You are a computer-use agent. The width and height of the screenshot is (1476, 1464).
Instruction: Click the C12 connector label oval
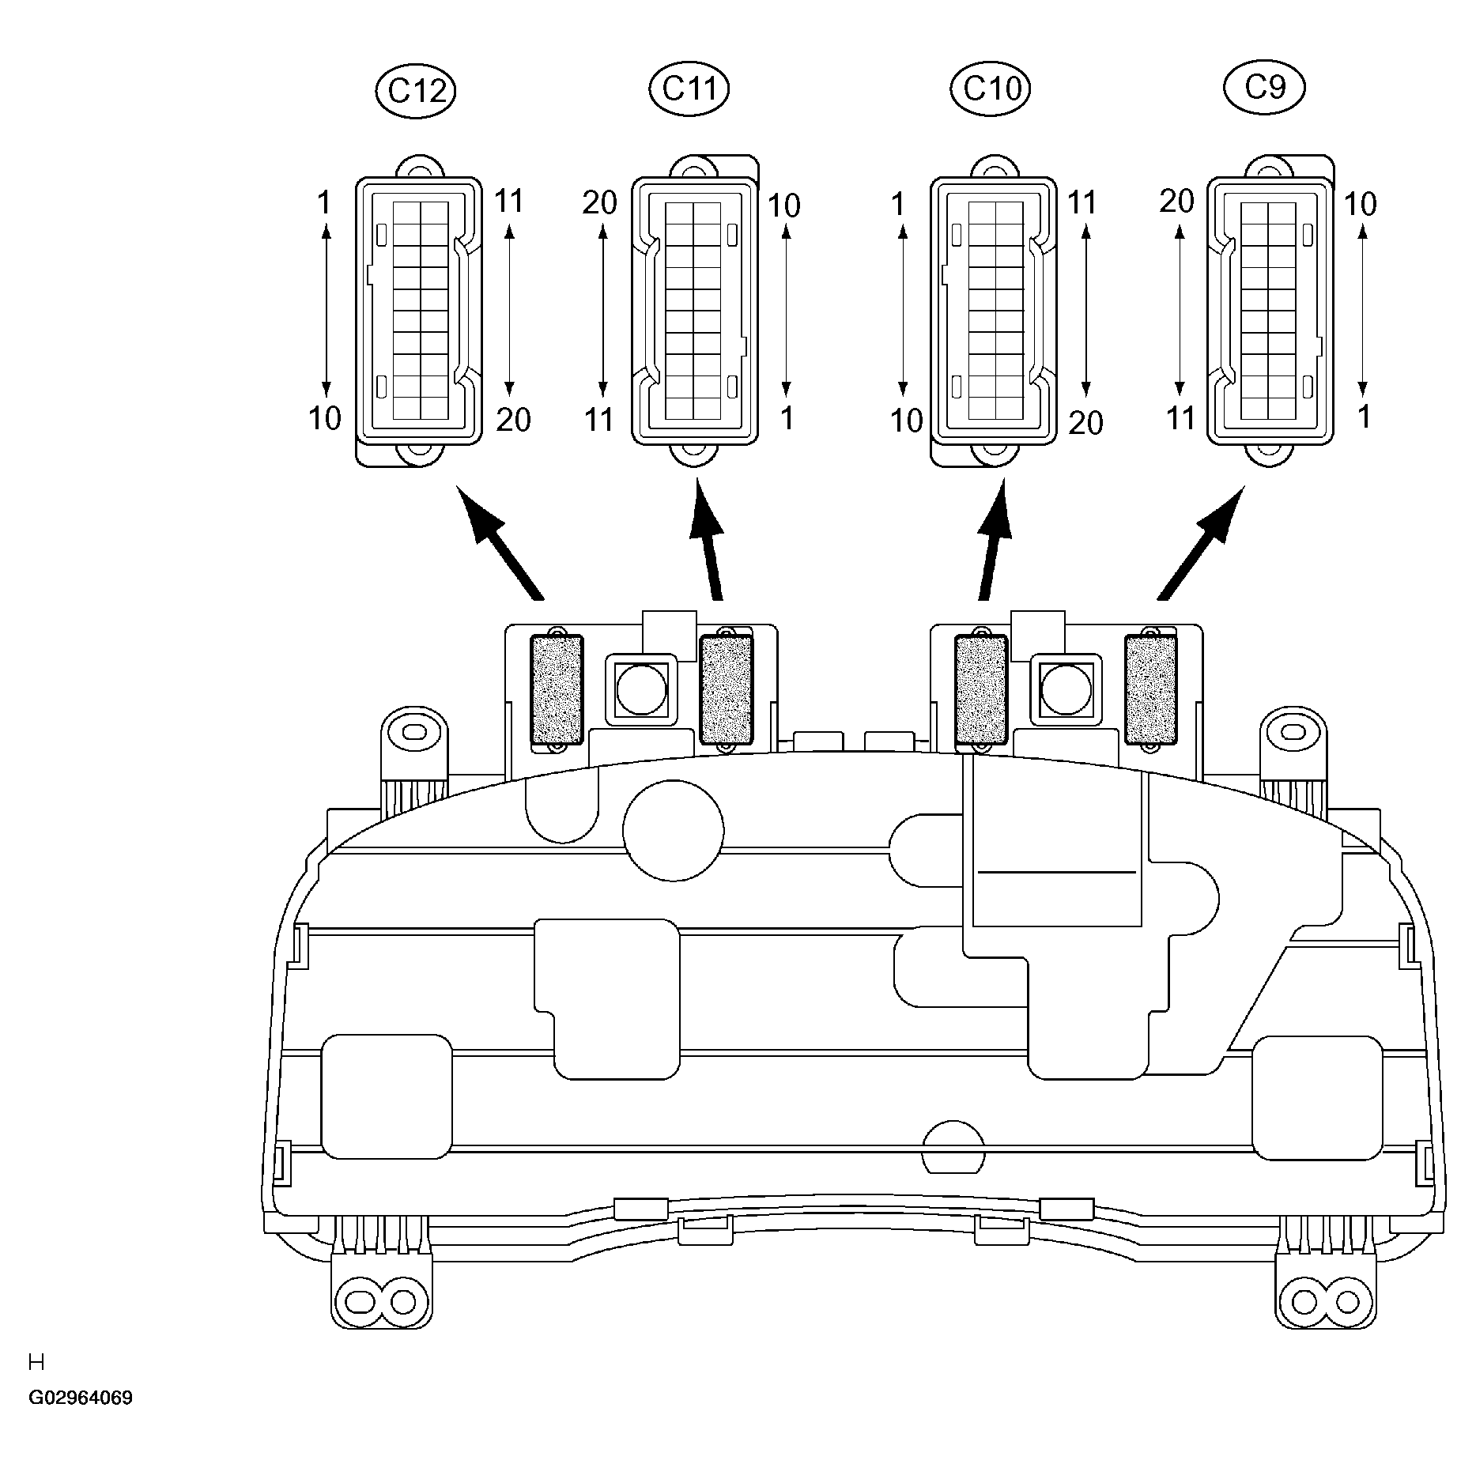point(416,92)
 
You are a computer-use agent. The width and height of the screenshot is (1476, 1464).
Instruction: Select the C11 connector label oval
point(689,89)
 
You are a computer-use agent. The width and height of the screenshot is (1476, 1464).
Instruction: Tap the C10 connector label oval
point(991,89)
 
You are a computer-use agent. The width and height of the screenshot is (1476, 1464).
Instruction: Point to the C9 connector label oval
point(1264,89)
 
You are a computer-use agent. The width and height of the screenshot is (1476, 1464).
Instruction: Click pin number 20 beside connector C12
point(513,420)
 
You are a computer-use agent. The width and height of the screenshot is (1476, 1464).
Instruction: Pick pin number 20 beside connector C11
point(599,203)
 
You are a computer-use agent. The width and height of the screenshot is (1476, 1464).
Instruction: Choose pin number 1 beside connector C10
point(897,205)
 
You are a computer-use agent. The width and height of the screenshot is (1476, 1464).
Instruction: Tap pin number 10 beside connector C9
point(1361,204)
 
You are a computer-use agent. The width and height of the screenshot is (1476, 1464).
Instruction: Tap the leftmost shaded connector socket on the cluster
point(556,690)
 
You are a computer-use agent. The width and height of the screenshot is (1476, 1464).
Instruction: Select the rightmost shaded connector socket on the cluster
point(1151,690)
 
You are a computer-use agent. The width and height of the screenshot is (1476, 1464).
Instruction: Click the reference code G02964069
point(81,1398)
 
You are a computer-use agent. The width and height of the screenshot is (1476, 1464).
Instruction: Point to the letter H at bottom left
point(36,1362)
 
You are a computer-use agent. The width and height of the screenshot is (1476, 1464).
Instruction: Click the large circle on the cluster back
point(674,830)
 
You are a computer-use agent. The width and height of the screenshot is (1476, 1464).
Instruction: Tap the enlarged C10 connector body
point(993,311)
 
